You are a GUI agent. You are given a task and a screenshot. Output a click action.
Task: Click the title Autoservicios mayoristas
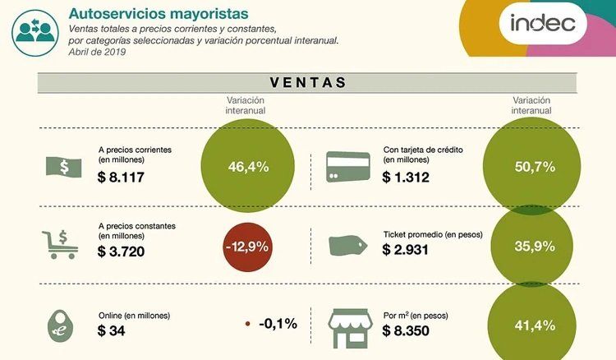(160, 14)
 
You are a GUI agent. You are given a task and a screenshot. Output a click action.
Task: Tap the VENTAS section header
(307, 82)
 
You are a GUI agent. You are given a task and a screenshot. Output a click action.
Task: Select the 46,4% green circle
(248, 167)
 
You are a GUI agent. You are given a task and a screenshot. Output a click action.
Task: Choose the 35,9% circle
(531, 246)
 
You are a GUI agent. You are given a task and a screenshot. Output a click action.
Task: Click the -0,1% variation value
(277, 323)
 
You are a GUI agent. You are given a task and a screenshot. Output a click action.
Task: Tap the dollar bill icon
(63, 167)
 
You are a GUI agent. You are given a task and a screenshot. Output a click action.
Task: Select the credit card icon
(348, 167)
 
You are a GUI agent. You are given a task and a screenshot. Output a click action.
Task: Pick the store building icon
(349, 327)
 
